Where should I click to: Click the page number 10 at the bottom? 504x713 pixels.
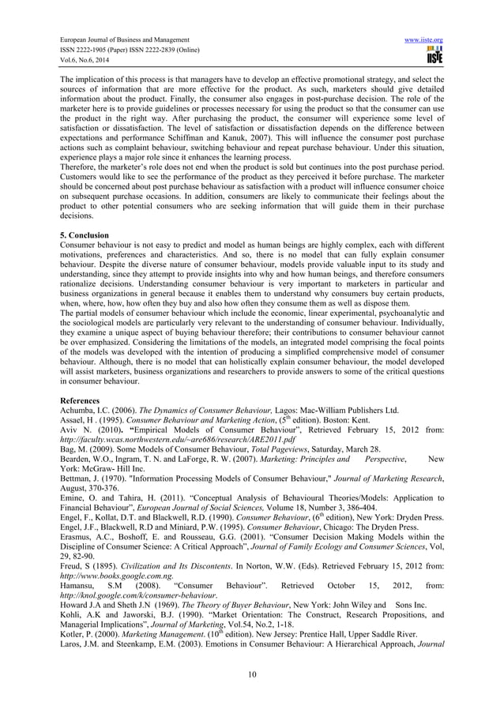[x=252, y=673]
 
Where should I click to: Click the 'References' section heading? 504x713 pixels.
[x=82, y=401]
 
